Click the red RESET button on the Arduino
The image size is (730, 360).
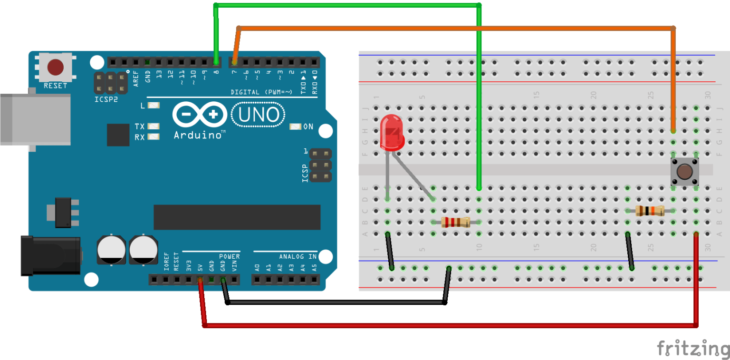[56, 68]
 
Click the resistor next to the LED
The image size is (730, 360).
[456, 222]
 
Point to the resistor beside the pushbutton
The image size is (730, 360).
[650, 211]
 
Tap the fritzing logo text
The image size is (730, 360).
[693, 349]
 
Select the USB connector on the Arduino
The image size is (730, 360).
[33, 119]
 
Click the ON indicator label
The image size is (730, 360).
[308, 126]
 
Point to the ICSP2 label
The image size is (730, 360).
[106, 100]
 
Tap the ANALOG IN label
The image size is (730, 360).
[298, 256]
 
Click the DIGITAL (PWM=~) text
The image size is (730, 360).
[261, 92]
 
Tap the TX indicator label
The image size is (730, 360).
[140, 126]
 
